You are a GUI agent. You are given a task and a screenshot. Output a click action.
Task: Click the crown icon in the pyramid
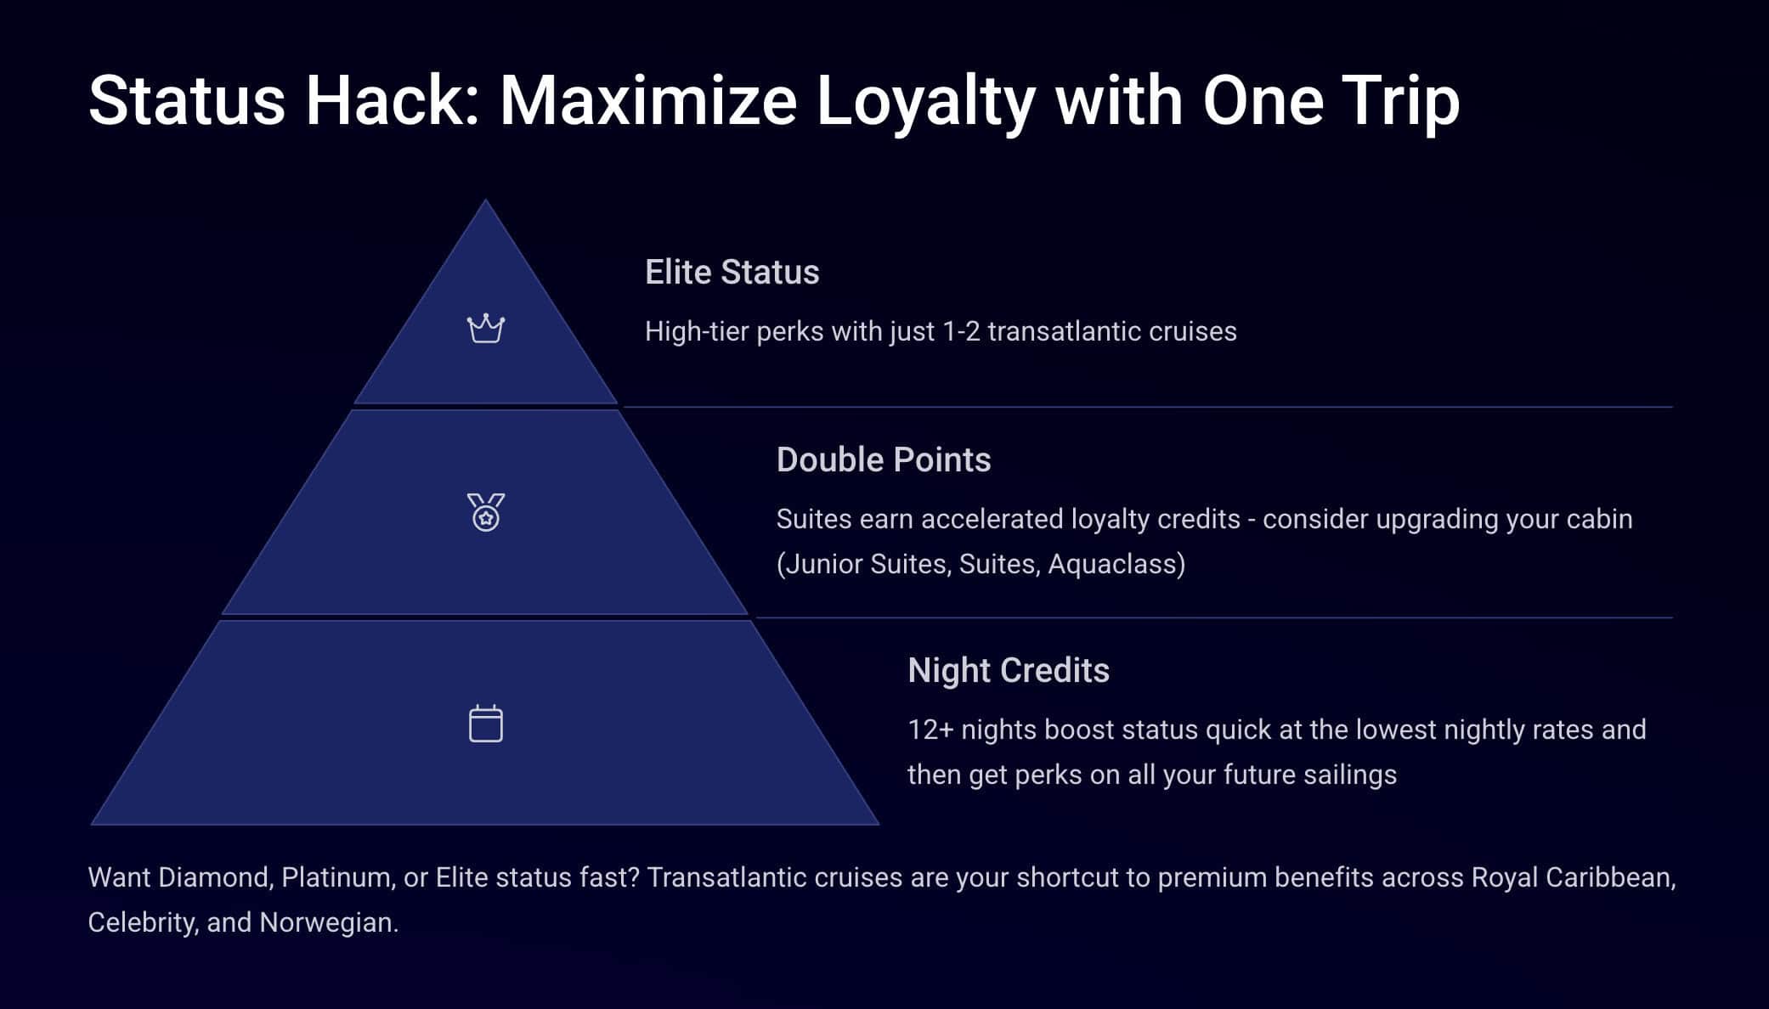[x=486, y=328]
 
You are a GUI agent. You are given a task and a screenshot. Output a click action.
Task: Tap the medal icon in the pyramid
[x=486, y=512]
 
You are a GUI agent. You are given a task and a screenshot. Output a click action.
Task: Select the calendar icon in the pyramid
[x=486, y=724]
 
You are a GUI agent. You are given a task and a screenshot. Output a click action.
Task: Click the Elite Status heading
[x=732, y=273]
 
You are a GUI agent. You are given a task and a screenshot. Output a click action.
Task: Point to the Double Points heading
[x=884, y=459]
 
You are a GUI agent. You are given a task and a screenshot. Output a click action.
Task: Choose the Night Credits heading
[x=1009, y=670]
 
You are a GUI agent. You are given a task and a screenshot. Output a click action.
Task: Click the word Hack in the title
[x=393, y=101]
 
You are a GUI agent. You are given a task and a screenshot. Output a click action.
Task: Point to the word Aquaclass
[x=1116, y=564]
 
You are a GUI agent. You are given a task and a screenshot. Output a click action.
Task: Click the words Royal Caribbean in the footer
[x=1574, y=877]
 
